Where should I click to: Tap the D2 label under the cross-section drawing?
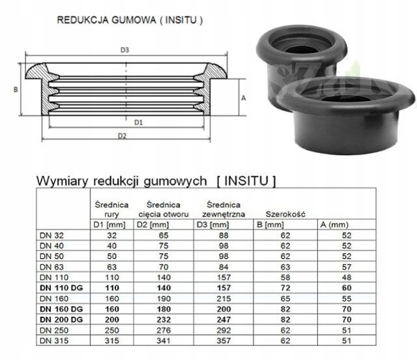click(121, 136)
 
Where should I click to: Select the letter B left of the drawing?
click(14, 89)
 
